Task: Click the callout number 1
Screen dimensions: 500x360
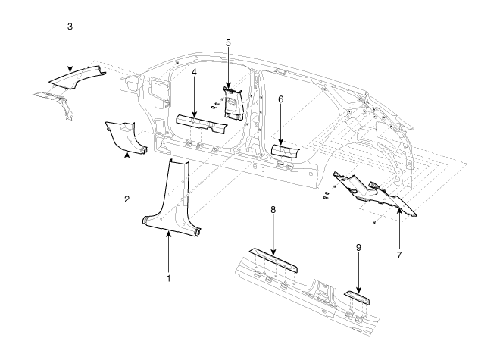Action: [169, 278]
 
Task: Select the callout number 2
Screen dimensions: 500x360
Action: [127, 199]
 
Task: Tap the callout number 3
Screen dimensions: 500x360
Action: [70, 27]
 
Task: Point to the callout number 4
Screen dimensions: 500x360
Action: [194, 72]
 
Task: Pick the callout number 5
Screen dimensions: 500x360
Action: [228, 42]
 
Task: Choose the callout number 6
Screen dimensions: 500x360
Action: [280, 99]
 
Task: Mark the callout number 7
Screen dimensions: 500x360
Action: [399, 255]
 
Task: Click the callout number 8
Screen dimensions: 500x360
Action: [273, 210]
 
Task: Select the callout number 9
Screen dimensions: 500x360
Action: [358, 247]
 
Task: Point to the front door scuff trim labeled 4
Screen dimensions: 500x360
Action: [202, 123]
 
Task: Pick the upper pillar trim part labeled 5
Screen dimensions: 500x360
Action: [233, 104]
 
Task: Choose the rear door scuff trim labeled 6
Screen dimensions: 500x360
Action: [285, 151]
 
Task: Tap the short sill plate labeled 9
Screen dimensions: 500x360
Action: [357, 297]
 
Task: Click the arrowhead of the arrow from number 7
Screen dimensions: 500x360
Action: [399, 209]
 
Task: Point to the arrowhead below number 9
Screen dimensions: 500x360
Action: [359, 290]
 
